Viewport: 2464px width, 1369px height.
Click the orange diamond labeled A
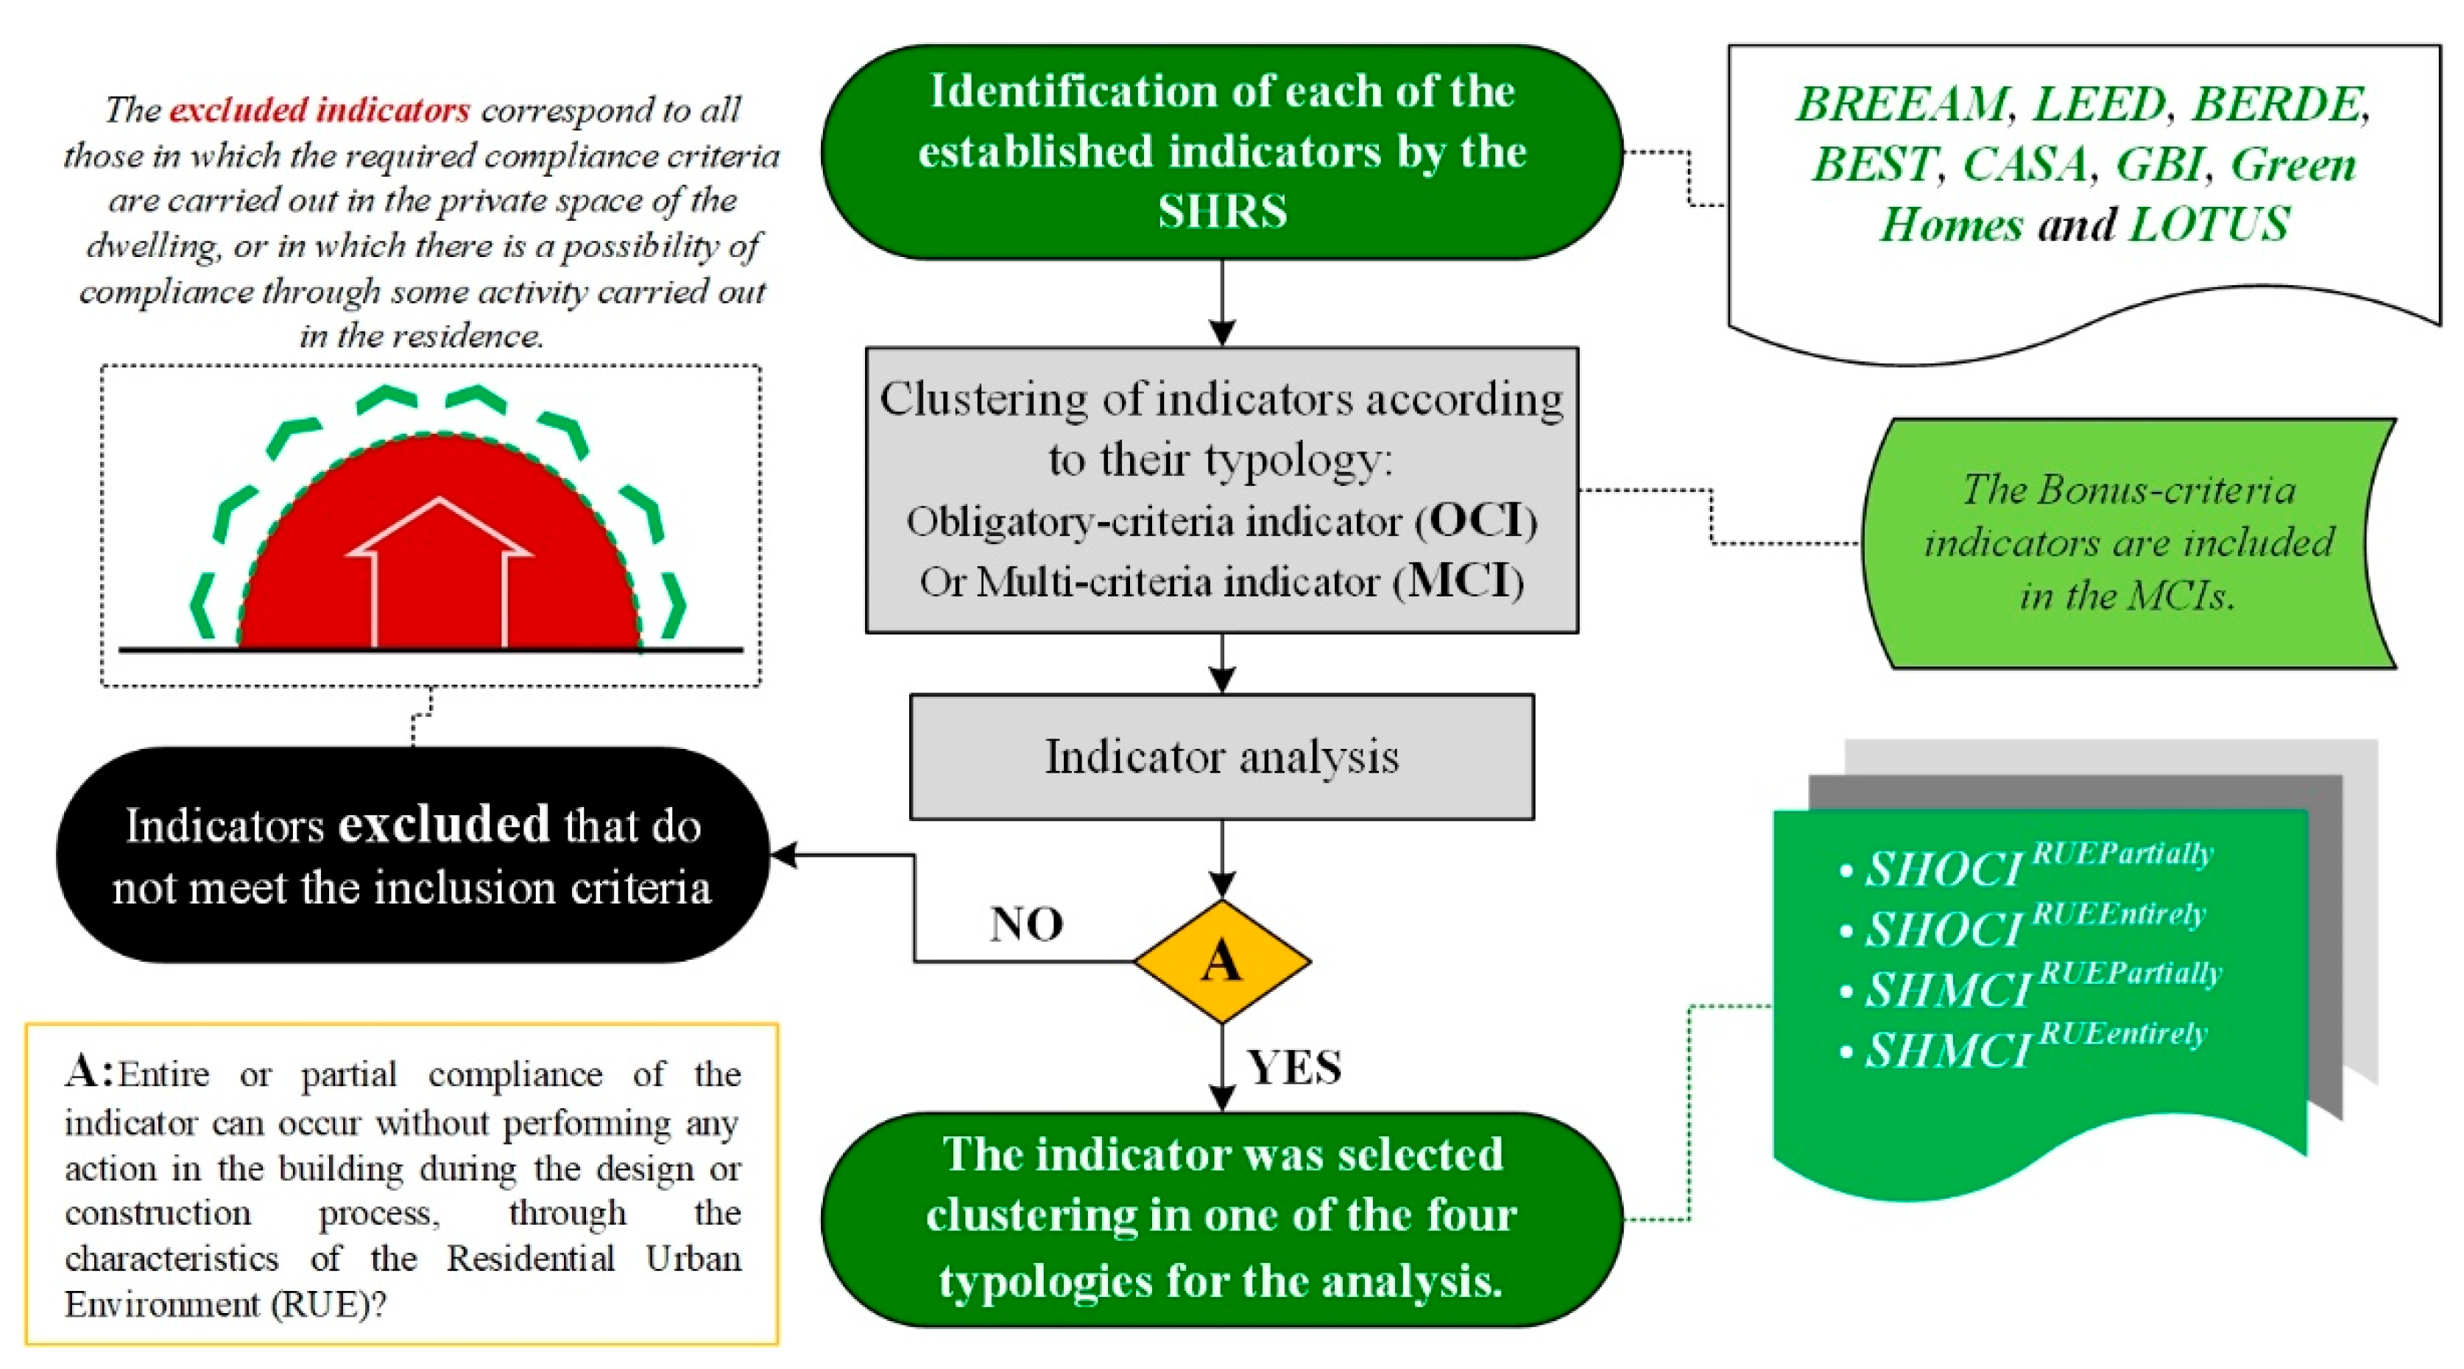click(x=1221, y=960)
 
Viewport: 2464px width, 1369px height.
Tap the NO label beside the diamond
click(x=1026, y=924)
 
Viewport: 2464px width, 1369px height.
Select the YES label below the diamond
click(x=1294, y=1066)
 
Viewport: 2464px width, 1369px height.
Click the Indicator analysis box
click(x=1221, y=757)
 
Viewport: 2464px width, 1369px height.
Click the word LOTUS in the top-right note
click(x=2209, y=225)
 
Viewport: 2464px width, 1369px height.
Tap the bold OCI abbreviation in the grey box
click(x=1477, y=521)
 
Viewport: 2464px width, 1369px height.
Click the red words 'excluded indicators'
click(x=320, y=110)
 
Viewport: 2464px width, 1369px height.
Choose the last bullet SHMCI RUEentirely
click(x=2023, y=1048)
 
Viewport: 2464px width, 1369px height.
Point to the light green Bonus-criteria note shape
click(x=2128, y=543)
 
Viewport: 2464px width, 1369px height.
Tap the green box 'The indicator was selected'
click(x=1221, y=1218)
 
